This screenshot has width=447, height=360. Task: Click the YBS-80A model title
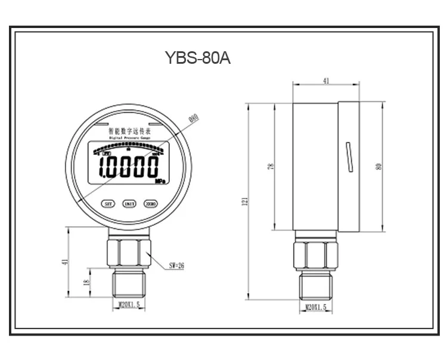click(197, 59)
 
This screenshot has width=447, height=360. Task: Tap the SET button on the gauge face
click(108, 203)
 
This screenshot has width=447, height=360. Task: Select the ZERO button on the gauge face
click(150, 203)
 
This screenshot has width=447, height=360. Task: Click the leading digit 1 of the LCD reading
click(102, 167)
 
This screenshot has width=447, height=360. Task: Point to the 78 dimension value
click(271, 167)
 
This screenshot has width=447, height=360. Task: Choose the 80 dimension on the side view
click(378, 166)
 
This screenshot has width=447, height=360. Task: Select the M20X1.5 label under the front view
click(128, 305)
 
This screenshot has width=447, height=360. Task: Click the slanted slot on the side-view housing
click(347, 157)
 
